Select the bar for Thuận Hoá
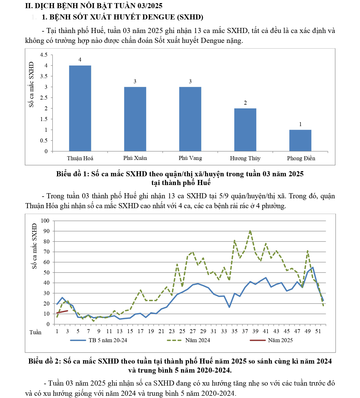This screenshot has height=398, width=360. (x=80, y=108)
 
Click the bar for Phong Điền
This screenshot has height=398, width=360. (x=300, y=140)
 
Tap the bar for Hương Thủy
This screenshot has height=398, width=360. (x=245, y=130)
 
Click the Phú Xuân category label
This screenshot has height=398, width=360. (x=135, y=158)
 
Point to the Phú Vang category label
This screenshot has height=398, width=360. (x=190, y=158)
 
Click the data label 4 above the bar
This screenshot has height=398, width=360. (x=80, y=60)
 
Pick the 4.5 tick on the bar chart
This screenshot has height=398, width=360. (x=44, y=55)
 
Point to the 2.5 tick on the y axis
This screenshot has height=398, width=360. (x=44, y=98)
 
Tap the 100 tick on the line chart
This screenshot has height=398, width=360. (x=45, y=221)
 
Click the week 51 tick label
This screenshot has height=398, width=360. (x=318, y=331)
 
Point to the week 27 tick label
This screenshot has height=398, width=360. (x=193, y=331)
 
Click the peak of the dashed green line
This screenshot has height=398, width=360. (x=250, y=231)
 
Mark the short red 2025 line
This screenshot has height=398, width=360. (x=62, y=312)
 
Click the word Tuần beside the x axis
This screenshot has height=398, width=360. (x=35, y=333)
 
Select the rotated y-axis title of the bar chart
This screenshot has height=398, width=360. (x=31, y=84)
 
